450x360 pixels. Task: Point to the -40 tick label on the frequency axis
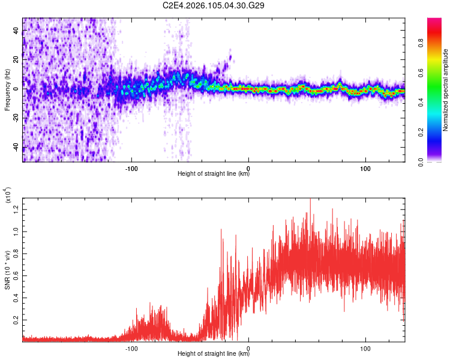click(x=17, y=147)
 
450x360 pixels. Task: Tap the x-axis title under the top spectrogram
click(x=214, y=174)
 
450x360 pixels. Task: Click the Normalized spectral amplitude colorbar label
click(x=445, y=90)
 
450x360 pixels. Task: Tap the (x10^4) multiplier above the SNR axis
click(x=8, y=195)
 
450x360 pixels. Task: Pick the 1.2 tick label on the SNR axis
click(x=16, y=208)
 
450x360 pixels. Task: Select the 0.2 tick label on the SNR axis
click(x=16, y=320)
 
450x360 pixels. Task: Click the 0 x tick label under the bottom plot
click(x=248, y=347)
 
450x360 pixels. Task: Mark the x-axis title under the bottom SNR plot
click(x=214, y=354)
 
